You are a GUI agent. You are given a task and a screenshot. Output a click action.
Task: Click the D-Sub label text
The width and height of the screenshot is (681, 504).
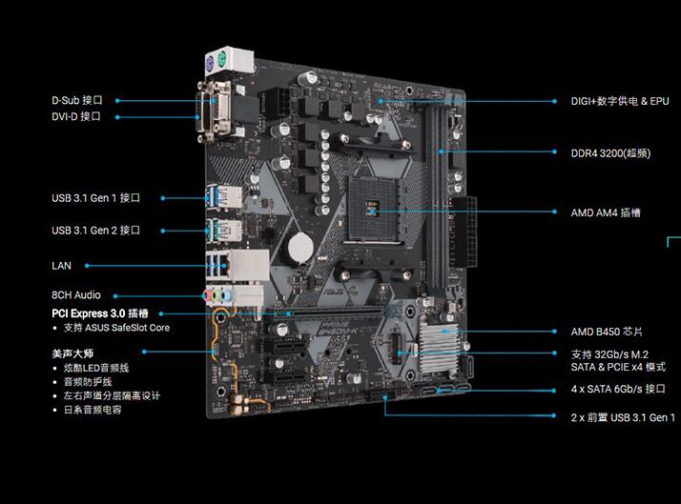click(77, 100)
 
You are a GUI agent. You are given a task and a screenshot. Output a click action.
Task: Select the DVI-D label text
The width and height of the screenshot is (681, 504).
click(76, 116)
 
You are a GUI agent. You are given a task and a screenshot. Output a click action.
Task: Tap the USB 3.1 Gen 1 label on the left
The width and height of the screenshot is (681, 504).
click(95, 198)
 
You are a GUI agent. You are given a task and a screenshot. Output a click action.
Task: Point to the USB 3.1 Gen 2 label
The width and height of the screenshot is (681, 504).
click(95, 231)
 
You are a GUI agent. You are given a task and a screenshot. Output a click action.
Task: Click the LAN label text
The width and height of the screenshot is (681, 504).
click(61, 266)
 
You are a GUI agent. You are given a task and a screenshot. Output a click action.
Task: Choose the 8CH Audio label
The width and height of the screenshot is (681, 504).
click(76, 295)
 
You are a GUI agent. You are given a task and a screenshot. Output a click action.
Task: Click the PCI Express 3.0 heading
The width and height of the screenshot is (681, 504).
click(100, 313)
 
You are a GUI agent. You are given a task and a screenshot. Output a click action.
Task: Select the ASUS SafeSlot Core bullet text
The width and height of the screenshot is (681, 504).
click(116, 328)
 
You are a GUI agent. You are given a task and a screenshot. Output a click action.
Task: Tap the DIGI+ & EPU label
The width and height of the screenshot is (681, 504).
click(620, 101)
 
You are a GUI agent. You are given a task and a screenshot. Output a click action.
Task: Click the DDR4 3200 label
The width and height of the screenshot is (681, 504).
click(610, 153)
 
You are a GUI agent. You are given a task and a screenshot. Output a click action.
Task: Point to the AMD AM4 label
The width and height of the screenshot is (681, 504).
click(606, 212)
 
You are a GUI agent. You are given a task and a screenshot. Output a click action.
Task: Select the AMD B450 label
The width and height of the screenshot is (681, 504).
click(607, 332)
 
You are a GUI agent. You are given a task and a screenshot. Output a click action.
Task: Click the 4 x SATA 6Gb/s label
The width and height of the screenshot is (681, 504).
click(618, 389)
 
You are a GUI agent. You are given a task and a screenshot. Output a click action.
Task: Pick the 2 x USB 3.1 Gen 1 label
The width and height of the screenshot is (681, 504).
click(623, 417)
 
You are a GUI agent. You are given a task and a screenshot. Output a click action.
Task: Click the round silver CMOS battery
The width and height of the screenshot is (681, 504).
click(300, 248)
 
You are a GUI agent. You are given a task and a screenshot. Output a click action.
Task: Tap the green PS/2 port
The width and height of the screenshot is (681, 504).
click(221, 58)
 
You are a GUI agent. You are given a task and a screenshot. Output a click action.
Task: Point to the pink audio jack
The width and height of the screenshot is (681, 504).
click(207, 295)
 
